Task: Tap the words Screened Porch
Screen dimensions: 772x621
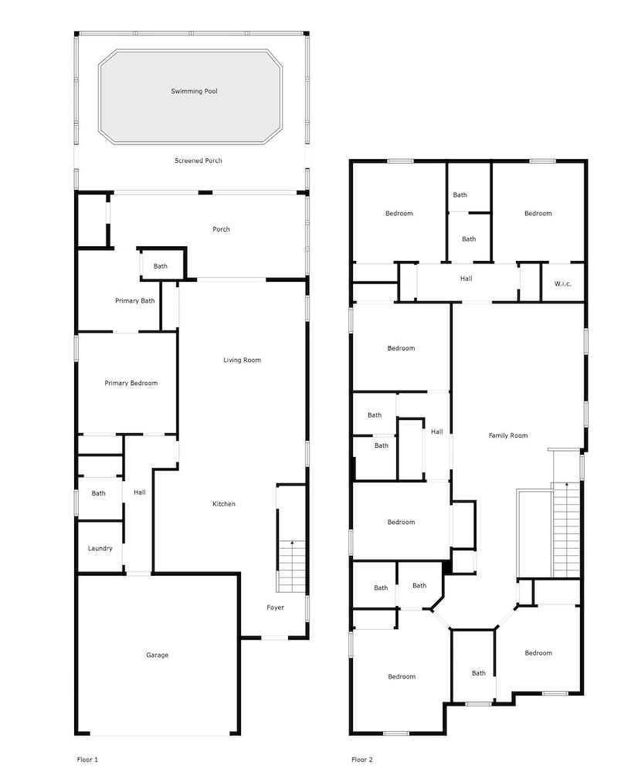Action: [198, 161]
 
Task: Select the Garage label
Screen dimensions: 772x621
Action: [157, 655]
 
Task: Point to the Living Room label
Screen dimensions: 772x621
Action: [242, 360]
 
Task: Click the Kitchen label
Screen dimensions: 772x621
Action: [224, 504]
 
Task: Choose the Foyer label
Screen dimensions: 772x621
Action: [275, 608]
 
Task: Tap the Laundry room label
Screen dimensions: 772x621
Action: [100, 548]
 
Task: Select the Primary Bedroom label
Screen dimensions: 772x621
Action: [131, 383]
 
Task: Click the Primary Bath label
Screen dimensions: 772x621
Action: [135, 300]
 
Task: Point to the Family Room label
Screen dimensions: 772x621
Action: [508, 435]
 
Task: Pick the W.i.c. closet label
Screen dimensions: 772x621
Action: [562, 284]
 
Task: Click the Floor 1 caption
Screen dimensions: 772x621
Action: [87, 760]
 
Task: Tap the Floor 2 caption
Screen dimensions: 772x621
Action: [361, 760]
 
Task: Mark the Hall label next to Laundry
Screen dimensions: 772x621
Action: [139, 493]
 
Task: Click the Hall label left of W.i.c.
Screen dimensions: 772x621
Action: [466, 279]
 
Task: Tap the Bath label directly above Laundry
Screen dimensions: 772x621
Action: [98, 493]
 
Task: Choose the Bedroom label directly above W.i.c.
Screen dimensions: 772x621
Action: [538, 213]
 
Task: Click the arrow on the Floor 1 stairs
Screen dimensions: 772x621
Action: [292, 545]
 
